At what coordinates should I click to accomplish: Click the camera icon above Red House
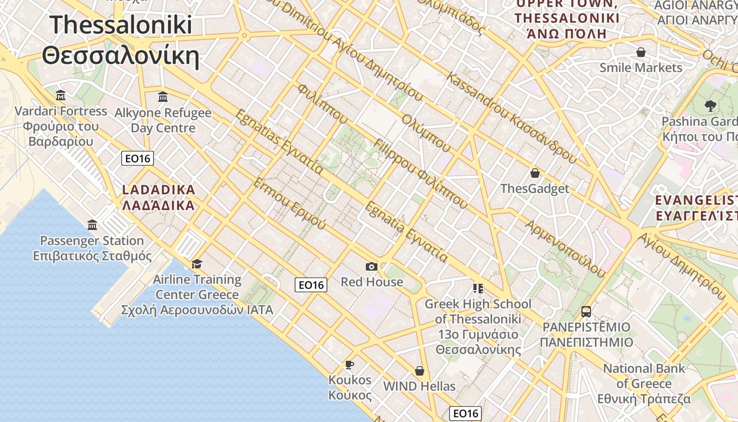372,266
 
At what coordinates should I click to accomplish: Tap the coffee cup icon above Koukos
349,365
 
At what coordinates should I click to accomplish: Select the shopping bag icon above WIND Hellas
420,371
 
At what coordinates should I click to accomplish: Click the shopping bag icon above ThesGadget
535,173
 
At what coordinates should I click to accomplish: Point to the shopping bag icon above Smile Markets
641,52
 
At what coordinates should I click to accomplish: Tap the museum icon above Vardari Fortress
61,95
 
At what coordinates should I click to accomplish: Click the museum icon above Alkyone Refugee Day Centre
163,97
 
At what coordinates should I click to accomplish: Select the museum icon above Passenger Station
93,225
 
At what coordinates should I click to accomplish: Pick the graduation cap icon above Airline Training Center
197,264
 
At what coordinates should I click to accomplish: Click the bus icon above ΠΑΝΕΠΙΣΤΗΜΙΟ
586,312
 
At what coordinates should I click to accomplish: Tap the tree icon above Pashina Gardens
710,105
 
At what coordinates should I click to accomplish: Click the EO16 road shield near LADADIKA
138,158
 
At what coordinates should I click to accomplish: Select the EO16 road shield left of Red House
311,285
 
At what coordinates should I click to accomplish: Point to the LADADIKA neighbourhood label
158,197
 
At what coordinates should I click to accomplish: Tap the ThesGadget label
535,189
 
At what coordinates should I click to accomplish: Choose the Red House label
372,282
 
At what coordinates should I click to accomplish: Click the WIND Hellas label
419,386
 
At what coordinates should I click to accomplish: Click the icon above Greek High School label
478,288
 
